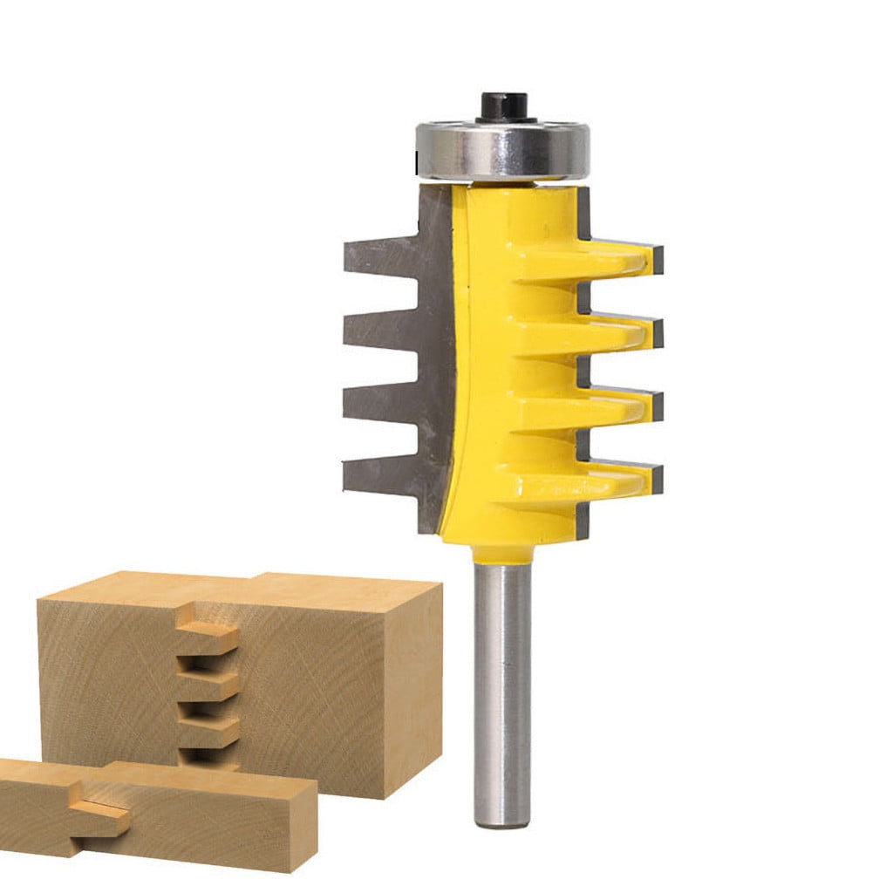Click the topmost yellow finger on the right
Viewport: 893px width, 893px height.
(x=610, y=259)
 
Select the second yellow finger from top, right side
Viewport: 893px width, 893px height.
(x=610, y=332)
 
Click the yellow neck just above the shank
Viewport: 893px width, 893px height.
(x=501, y=552)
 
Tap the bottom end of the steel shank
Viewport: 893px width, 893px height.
(x=501, y=815)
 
